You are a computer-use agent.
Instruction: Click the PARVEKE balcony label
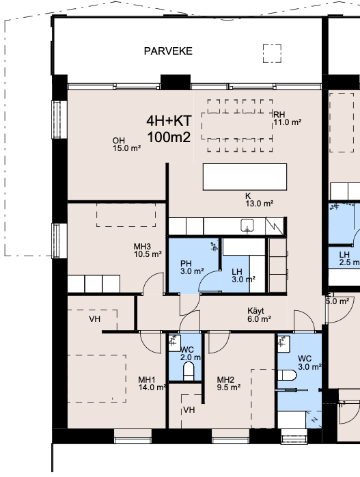point(168,51)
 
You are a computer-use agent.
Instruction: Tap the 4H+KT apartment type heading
point(169,121)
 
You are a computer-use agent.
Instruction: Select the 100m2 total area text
point(169,137)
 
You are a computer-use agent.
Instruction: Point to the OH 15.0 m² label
point(126,144)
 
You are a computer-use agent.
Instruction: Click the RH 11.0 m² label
point(288,118)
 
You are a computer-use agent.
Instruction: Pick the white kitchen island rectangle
point(245,177)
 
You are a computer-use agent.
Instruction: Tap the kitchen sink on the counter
point(247,226)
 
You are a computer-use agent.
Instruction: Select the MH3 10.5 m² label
point(148,250)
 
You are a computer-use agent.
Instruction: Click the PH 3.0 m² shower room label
point(192,267)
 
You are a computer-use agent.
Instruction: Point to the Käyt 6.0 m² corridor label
point(259,314)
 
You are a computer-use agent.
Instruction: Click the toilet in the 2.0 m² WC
point(189,370)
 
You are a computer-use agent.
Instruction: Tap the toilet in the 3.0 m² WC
point(287,375)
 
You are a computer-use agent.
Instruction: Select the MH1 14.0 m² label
point(152,383)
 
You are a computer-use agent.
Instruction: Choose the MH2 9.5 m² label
point(229,383)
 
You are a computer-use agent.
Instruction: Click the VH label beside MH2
point(189,410)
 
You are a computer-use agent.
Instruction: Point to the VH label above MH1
point(94,319)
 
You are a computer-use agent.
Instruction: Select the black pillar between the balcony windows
point(176,82)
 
